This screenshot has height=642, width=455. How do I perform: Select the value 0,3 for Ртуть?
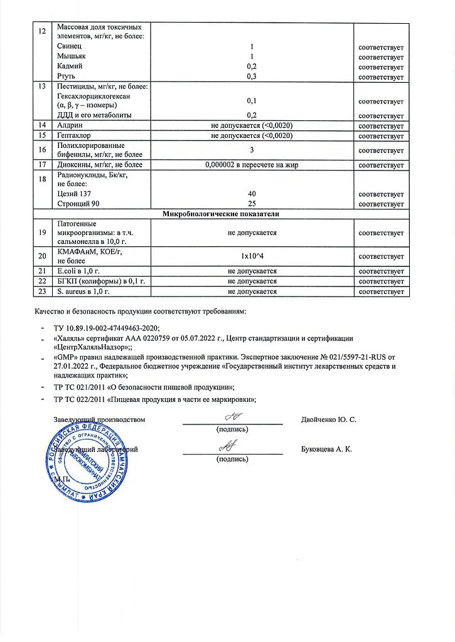252,76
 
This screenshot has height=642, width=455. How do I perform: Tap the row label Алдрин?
69,125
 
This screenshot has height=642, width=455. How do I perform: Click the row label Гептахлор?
73,135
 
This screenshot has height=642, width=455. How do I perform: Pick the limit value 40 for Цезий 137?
252,194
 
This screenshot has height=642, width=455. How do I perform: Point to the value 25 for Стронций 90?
252,204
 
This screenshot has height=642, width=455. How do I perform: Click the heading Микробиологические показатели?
221,214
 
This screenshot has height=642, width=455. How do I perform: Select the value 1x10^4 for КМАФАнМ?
252,256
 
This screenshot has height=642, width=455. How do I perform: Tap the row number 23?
43,292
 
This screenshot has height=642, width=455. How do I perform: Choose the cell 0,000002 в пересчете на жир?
252,165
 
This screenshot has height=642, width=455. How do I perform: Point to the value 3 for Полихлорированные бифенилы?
252,150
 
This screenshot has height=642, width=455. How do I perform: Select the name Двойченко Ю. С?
329,419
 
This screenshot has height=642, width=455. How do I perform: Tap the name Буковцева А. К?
327,450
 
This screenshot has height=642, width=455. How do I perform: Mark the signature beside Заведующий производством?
232,416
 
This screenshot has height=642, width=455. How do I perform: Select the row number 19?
43,233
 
